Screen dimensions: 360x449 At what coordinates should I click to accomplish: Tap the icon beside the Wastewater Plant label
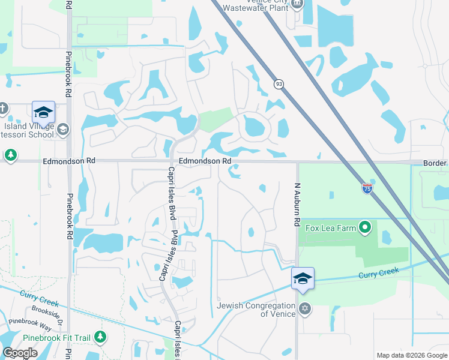coord(297,4)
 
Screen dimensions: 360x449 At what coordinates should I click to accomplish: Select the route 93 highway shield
coord(279,83)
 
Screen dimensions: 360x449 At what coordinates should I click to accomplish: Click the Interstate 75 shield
coord(367,188)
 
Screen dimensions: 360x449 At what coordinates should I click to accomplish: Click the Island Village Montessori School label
coord(28,130)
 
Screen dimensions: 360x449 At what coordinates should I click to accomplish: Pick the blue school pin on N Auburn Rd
coord(303,278)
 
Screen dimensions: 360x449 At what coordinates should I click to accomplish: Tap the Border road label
coord(435,163)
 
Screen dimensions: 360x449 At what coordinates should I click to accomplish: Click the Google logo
coord(20,353)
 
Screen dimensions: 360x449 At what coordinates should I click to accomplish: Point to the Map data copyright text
coord(411,355)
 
